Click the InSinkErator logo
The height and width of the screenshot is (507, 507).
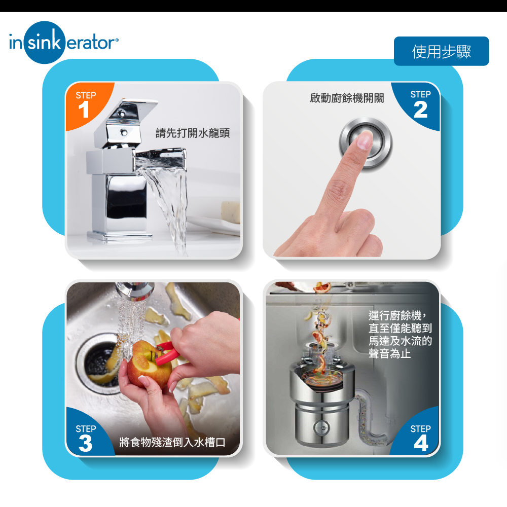(63, 43)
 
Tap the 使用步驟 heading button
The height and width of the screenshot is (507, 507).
(441, 51)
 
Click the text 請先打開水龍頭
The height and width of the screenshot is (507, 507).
(193, 133)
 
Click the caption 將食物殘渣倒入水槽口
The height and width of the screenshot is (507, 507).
(172, 442)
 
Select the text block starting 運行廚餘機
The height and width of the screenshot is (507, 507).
(400, 335)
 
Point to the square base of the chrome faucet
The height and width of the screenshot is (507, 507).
(119, 236)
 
